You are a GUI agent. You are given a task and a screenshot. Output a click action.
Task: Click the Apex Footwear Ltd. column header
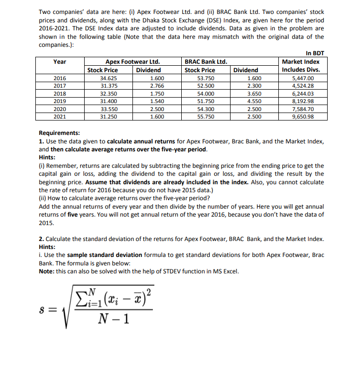[x=132, y=62]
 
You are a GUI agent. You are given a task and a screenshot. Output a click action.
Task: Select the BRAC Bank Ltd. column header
[x=206, y=62]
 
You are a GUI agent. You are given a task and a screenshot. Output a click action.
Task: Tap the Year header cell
[x=60, y=62]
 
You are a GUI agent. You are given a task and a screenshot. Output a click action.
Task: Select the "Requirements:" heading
[x=59, y=133]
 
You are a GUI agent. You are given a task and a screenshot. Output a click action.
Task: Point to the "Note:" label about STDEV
[x=48, y=271]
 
